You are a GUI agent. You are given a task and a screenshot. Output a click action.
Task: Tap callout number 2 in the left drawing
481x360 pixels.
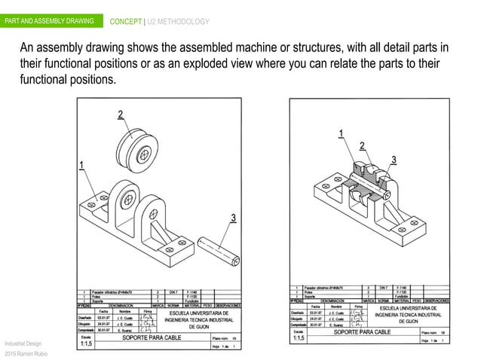(120, 114)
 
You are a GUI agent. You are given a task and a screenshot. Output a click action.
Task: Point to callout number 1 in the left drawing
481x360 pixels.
(81, 166)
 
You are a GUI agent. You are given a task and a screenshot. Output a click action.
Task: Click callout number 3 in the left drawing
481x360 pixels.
(233, 218)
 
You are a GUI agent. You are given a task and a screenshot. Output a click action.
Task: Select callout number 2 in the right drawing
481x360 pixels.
(363, 145)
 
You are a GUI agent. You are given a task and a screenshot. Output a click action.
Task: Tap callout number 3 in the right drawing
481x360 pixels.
(393, 159)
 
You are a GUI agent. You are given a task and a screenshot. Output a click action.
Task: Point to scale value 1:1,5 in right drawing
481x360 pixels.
(299, 337)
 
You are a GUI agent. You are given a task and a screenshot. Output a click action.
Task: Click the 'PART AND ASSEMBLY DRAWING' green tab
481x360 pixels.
(49, 20)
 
